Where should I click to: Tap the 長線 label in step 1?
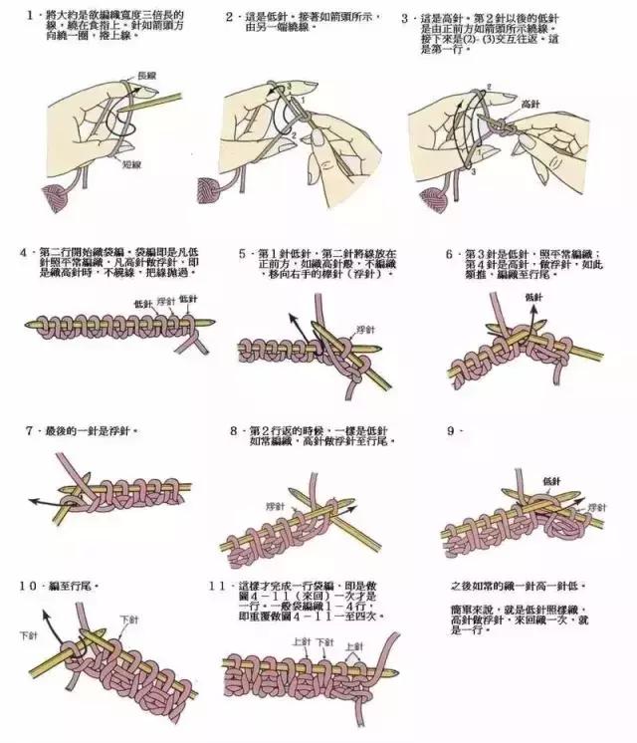146,75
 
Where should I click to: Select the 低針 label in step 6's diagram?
533,297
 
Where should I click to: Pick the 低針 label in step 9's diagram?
551,480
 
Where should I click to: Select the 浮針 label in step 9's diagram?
596,507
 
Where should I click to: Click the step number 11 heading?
221,587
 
